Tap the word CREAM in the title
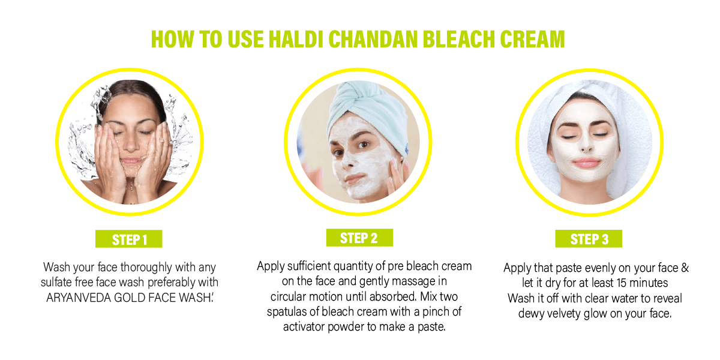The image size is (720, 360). coord(532,39)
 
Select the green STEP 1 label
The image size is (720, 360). coord(129,239)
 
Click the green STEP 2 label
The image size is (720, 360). coord(359,238)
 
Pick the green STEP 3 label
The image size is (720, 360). coord(589,239)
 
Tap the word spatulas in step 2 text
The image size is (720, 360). coord(286,312)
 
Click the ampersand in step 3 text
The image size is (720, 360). coord(685,268)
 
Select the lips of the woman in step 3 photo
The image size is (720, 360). coord(586,163)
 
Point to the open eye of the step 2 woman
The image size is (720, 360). coord(363,145)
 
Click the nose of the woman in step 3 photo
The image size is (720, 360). coord(586,145)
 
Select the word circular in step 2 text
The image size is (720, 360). coord(288,296)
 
